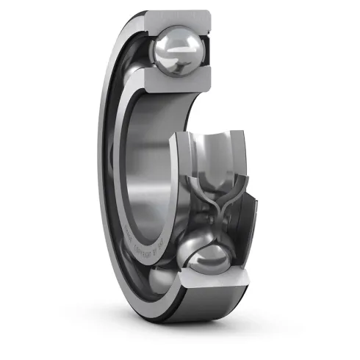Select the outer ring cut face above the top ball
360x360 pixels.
pos(176,19)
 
